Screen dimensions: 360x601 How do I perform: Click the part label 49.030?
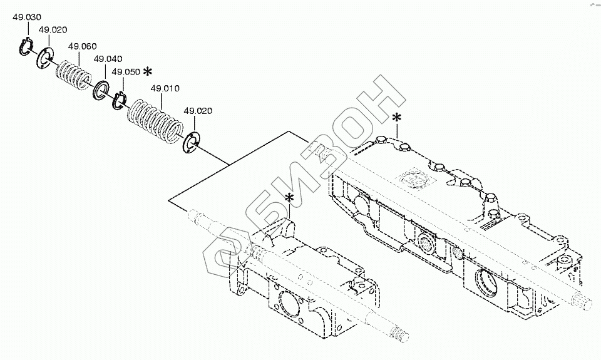click(25, 18)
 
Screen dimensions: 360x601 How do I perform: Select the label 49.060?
click(82, 46)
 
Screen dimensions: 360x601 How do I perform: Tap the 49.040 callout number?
click(108, 59)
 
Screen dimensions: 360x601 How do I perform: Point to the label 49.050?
click(125, 72)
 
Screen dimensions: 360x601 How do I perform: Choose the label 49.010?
click(165, 88)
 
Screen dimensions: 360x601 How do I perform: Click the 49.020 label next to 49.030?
click(53, 29)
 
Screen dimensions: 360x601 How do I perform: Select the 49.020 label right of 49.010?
click(197, 111)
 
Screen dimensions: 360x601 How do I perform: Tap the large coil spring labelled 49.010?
click(154, 121)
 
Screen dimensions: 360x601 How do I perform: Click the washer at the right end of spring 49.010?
click(190, 141)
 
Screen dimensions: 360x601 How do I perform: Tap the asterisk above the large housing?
click(396, 117)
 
